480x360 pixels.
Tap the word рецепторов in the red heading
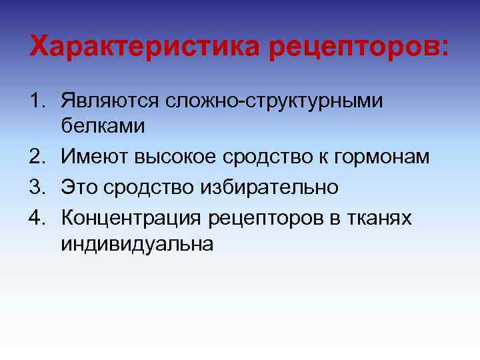click(358, 46)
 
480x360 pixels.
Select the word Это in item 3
click(80, 187)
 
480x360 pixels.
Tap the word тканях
click(379, 216)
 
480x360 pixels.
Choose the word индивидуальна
click(137, 245)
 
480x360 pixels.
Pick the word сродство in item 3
click(148, 187)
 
